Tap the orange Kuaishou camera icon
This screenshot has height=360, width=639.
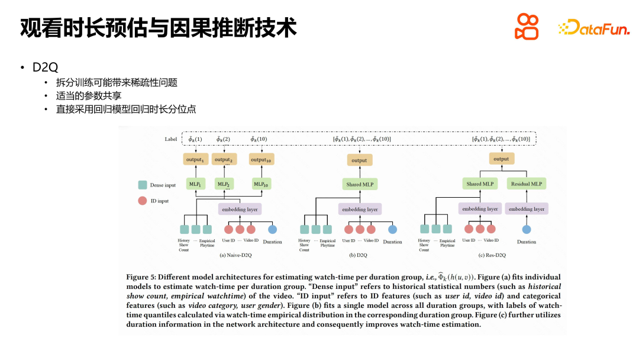[527, 27]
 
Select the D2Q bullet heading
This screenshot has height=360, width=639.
[45, 67]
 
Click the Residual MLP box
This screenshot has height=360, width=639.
[526, 184]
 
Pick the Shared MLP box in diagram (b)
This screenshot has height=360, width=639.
[360, 185]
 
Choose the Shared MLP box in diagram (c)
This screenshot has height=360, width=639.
[480, 184]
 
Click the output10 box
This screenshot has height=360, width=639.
[262, 159]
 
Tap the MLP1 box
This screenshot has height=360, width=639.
[195, 184]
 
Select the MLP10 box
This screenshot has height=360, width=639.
[262, 184]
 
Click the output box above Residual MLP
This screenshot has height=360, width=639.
[501, 159]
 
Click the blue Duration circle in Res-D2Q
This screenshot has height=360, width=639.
[526, 229]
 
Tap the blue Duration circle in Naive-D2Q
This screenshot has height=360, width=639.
[272, 229]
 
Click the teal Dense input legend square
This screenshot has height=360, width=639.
[142, 185]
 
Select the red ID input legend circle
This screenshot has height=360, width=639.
[142, 201]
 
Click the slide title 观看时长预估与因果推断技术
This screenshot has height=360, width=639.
[158, 28]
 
